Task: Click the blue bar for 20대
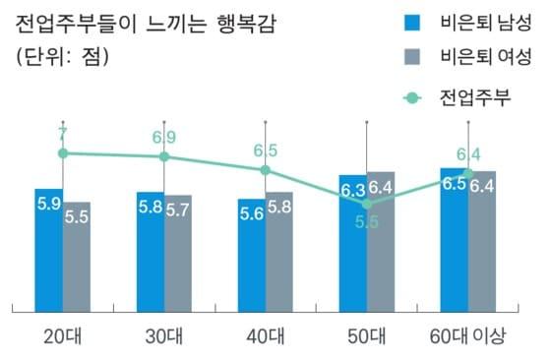pos(48,251)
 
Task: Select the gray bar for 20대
pos(77,258)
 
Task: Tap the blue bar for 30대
pos(151,254)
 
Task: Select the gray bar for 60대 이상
pos(482,242)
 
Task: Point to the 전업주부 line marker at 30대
pos(164,156)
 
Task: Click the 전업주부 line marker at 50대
pos(367,204)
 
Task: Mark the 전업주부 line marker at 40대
pos(266,169)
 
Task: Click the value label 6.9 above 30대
pos(164,137)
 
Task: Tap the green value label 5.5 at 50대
pos(367,222)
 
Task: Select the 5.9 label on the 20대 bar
pos(48,204)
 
